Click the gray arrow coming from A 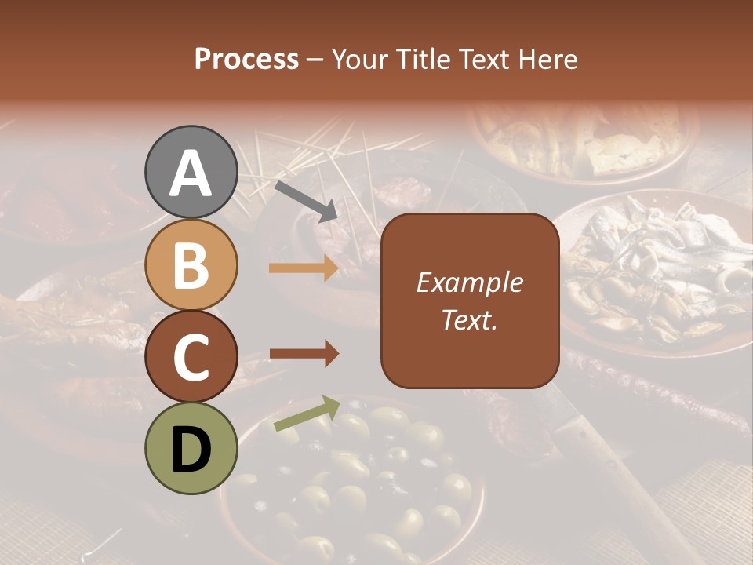click(306, 201)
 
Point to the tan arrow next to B click(304, 268)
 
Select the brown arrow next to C click(304, 355)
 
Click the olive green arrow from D click(307, 414)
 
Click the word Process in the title click(246, 59)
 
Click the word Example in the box click(469, 282)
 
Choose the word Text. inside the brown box click(469, 320)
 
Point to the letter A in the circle click(191, 173)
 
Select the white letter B click(191, 264)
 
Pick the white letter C click(191, 358)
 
